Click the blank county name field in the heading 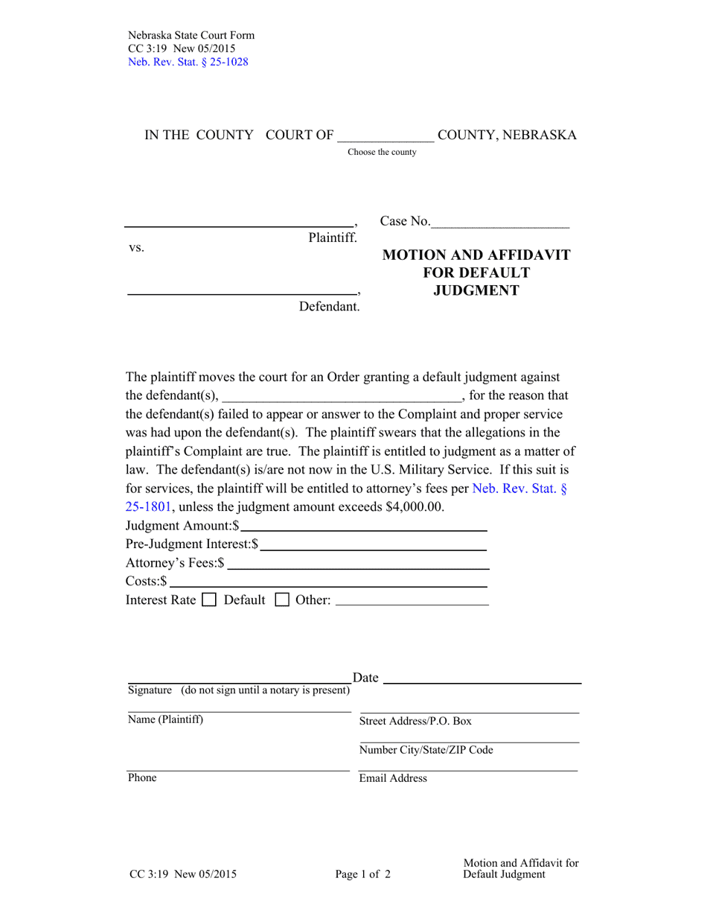(x=386, y=136)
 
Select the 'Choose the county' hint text (x=382, y=152)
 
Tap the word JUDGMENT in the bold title (x=476, y=291)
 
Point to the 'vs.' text (x=136, y=248)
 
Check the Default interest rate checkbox (x=209, y=599)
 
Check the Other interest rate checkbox (x=282, y=599)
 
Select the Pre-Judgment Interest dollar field (x=373, y=545)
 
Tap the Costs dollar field (x=327, y=582)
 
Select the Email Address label (x=393, y=778)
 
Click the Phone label (x=142, y=777)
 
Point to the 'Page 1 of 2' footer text (x=362, y=875)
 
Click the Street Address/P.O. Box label (x=415, y=721)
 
